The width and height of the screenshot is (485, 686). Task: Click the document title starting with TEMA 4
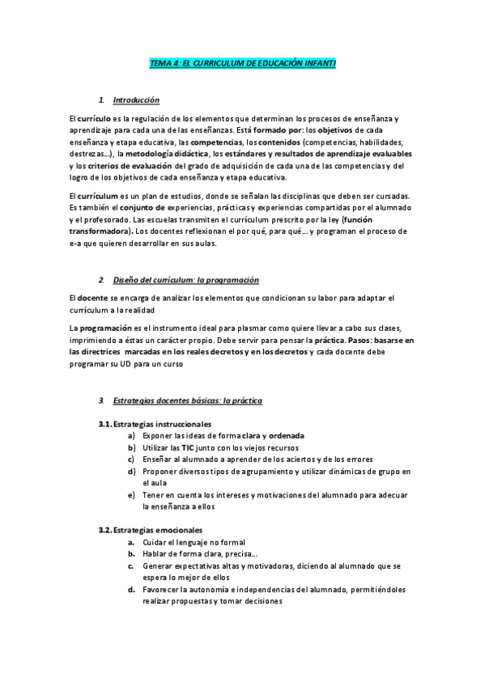(x=243, y=62)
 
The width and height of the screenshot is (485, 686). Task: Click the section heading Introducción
(x=136, y=100)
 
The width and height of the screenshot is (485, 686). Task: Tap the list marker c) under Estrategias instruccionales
(x=131, y=458)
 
